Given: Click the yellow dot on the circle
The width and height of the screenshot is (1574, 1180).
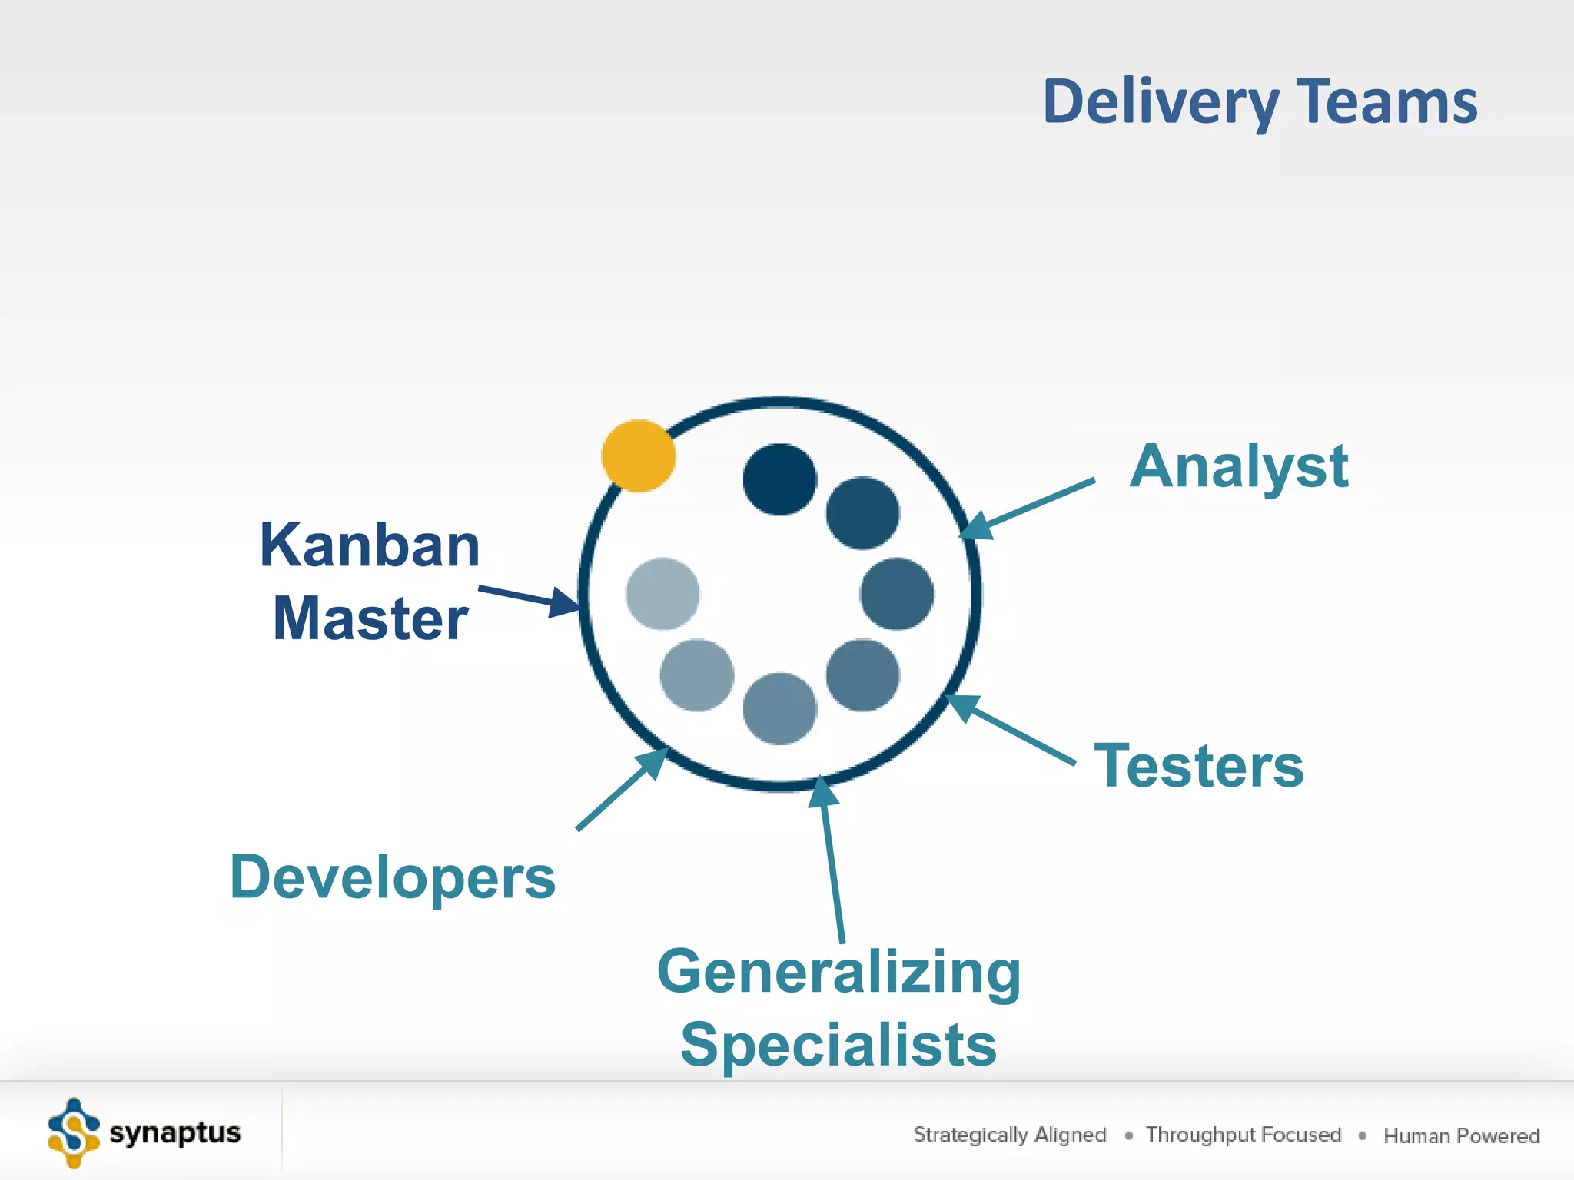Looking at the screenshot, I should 638,456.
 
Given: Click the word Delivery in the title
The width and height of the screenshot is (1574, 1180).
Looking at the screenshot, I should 1160,102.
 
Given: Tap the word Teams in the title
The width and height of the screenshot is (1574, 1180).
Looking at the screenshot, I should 1387,102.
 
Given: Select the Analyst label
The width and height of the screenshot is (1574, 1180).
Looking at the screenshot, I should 1238,466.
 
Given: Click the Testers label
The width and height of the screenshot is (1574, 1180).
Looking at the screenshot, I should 1199,766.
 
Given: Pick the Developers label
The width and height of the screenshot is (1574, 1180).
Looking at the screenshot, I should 392,877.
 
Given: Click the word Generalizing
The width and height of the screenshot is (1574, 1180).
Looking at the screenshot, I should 838,973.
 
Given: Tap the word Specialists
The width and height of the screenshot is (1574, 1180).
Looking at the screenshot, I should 838,1045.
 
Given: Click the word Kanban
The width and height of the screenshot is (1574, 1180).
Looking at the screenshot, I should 370,545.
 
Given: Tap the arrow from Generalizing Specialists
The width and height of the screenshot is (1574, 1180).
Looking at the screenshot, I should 832,860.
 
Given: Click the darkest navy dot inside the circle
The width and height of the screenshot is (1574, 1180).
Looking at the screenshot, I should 779,479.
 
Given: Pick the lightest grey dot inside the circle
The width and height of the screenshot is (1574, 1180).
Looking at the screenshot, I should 662,594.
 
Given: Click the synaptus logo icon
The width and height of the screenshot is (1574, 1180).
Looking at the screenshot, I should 74,1133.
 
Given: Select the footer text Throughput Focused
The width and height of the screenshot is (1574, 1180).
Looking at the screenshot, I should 1243,1135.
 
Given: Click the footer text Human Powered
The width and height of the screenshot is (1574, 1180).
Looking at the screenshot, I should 1461,1135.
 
